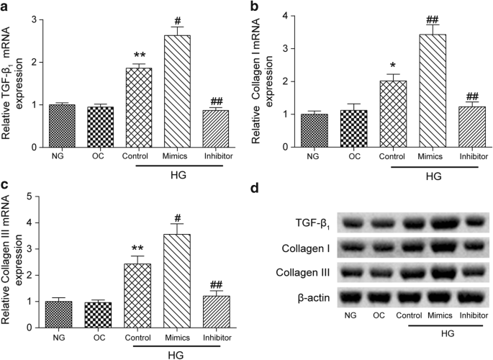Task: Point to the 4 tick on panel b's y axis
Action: coord(285,15)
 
